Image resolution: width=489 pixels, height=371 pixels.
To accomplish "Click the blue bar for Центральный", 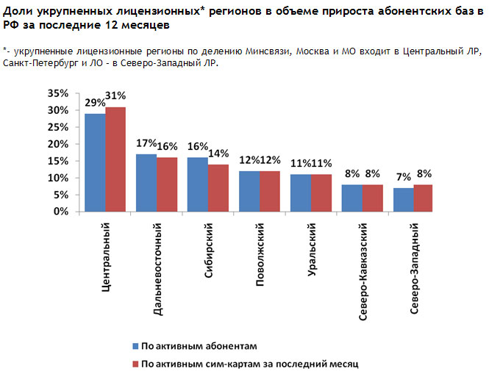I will [95, 162].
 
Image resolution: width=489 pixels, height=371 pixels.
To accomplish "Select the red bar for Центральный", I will [115, 159].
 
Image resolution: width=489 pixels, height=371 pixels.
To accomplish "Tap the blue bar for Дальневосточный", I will [146, 183].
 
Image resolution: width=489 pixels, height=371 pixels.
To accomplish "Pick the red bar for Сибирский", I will [218, 188].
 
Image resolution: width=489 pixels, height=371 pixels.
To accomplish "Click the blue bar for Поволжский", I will [249, 191].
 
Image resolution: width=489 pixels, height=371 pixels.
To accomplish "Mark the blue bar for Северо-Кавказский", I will [352, 198].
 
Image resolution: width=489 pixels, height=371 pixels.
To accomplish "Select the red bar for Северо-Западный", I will [424, 198].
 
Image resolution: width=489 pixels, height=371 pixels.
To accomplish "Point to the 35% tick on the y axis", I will [57, 94].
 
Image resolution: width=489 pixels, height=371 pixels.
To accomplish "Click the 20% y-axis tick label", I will [57, 145].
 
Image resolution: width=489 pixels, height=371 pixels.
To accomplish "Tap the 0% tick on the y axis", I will [60, 212].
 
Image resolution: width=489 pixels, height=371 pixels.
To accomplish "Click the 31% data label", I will [116, 96].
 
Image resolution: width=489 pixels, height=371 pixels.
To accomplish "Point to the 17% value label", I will [146, 143].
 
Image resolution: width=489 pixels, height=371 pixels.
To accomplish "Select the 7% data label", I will [404, 176].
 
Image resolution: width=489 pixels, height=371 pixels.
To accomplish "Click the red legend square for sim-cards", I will [135, 364].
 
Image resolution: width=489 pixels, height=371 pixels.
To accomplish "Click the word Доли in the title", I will [16, 8].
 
